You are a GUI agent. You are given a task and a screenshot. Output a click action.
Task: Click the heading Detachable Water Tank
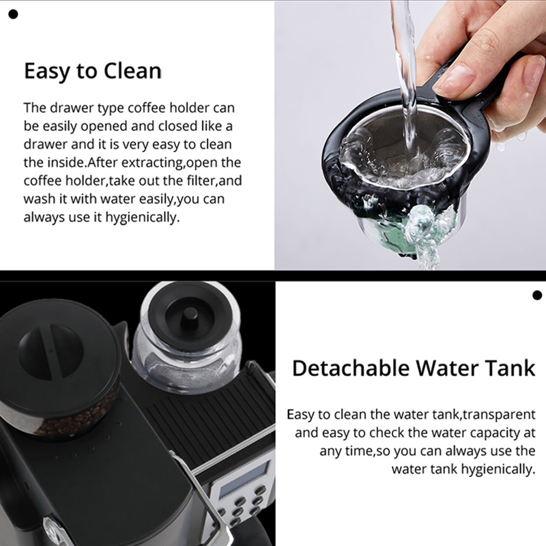pos(414,368)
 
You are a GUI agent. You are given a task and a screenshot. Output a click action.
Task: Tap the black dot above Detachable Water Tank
pos(536,295)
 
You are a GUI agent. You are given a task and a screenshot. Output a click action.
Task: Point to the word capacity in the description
pos(480,433)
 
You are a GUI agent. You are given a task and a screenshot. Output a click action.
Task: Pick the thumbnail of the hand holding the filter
pos(410,134)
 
